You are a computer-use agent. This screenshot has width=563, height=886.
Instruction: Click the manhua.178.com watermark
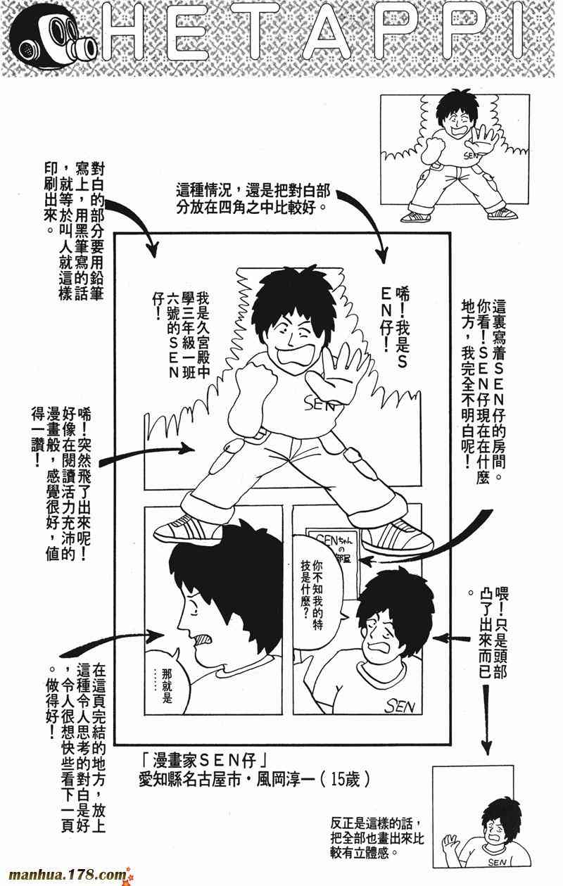click(68, 874)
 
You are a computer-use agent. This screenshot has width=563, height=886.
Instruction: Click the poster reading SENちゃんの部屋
click(332, 547)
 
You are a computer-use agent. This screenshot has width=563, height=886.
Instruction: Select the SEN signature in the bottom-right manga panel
click(400, 707)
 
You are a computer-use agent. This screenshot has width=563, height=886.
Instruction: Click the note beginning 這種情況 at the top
click(253, 198)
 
